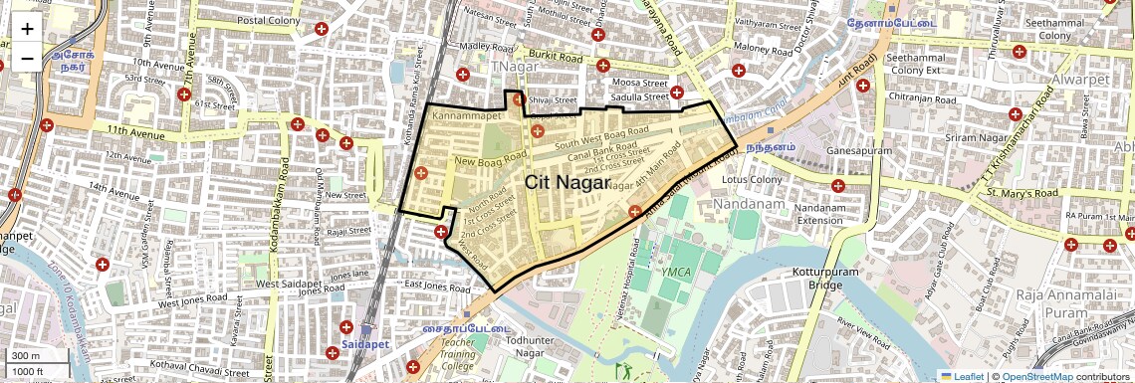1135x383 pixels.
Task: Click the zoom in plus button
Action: pyautogui.click(x=27, y=30)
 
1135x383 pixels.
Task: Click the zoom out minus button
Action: pyautogui.click(x=27, y=57)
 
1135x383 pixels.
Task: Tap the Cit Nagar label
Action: pyautogui.click(x=567, y=181)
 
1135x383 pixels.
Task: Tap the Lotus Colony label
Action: pyautogui.click(x=753, y=180)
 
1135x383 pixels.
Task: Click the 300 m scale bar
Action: pyautogui.click(x=30, y=356)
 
